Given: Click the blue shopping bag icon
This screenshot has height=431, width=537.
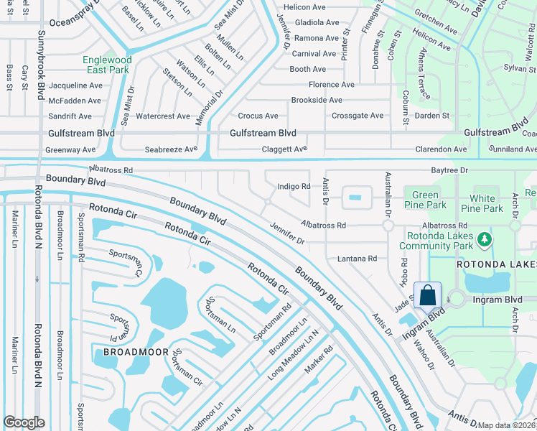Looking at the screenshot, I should (x=428, y=295).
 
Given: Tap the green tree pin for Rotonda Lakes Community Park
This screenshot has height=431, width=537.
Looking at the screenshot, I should (x=485, y=238).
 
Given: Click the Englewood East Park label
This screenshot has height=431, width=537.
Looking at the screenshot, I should (x=106, y=65).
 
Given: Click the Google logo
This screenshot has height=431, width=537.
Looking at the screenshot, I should (x=24, y=422).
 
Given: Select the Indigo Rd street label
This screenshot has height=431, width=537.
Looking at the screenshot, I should (x=294, y=187).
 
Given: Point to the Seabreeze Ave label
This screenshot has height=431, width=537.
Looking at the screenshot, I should (x=171, y=149).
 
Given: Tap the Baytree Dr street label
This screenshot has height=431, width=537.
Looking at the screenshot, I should (x=449, y=170).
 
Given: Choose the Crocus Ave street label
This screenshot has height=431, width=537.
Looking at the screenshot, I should (x=258, y=116).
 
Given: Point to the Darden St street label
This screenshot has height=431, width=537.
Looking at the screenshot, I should (x=431, y=116).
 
